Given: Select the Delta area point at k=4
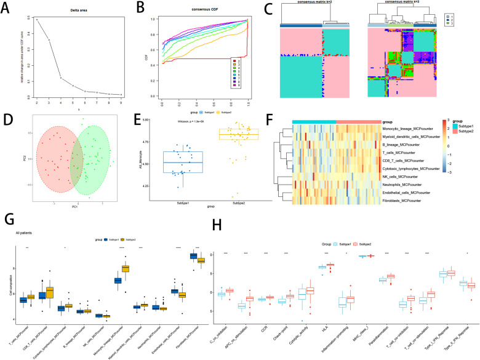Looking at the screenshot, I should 60,78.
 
